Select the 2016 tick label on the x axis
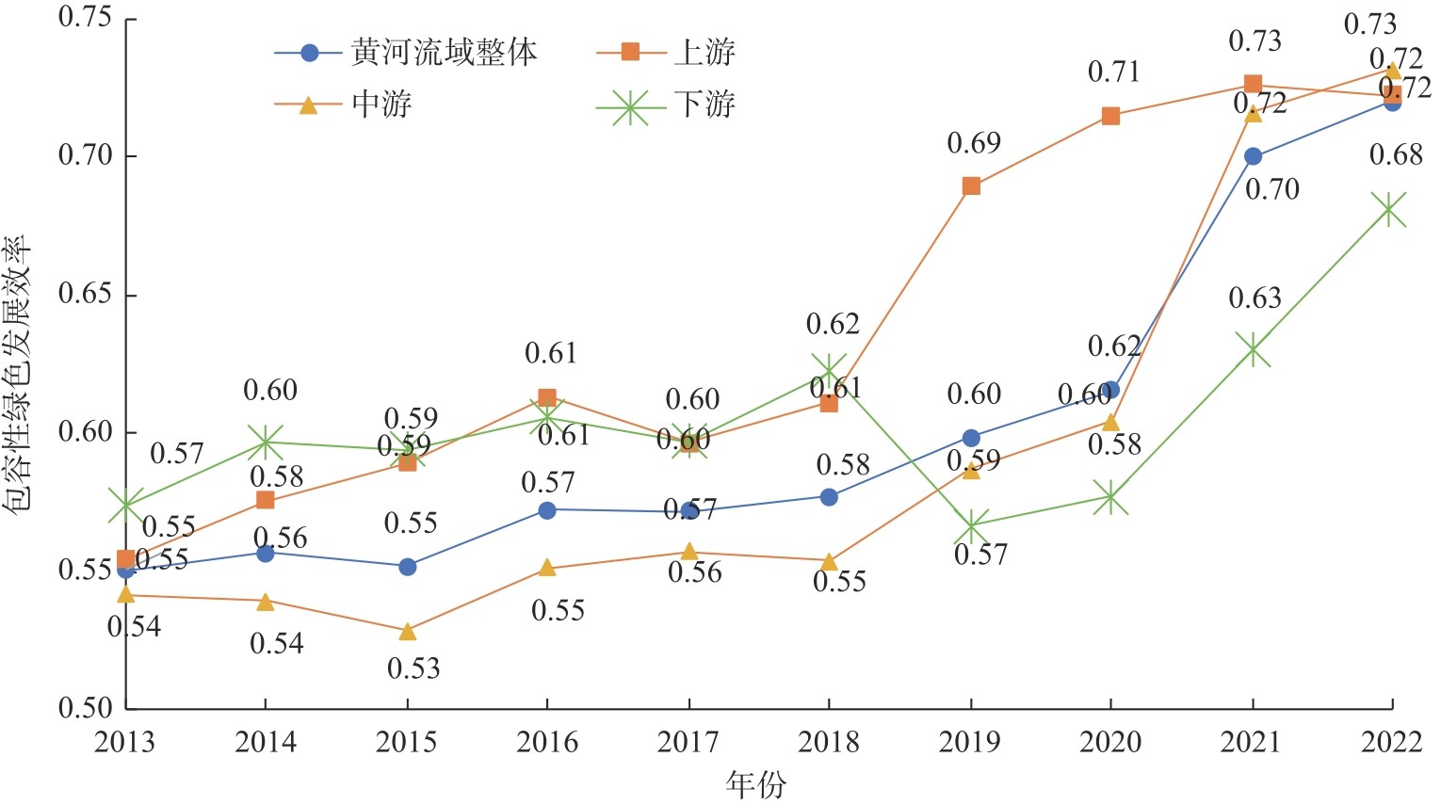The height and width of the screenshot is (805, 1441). coord(547,743)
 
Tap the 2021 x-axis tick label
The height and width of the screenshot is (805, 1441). coord(1252,743)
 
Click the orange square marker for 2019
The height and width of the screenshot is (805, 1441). coord(971,186)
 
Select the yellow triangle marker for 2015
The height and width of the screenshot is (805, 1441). coord(407,631)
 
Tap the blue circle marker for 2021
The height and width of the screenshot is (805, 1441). coord(1253,156)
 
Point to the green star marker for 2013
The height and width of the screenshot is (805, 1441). coord(125,506)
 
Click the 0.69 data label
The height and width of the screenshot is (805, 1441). coord(974,144)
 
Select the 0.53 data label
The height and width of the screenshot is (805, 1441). coord(413,668)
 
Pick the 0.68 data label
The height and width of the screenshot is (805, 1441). coord(1395,155)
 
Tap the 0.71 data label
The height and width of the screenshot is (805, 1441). coord(1114,72)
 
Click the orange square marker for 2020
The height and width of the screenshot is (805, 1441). coord(1110,116)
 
